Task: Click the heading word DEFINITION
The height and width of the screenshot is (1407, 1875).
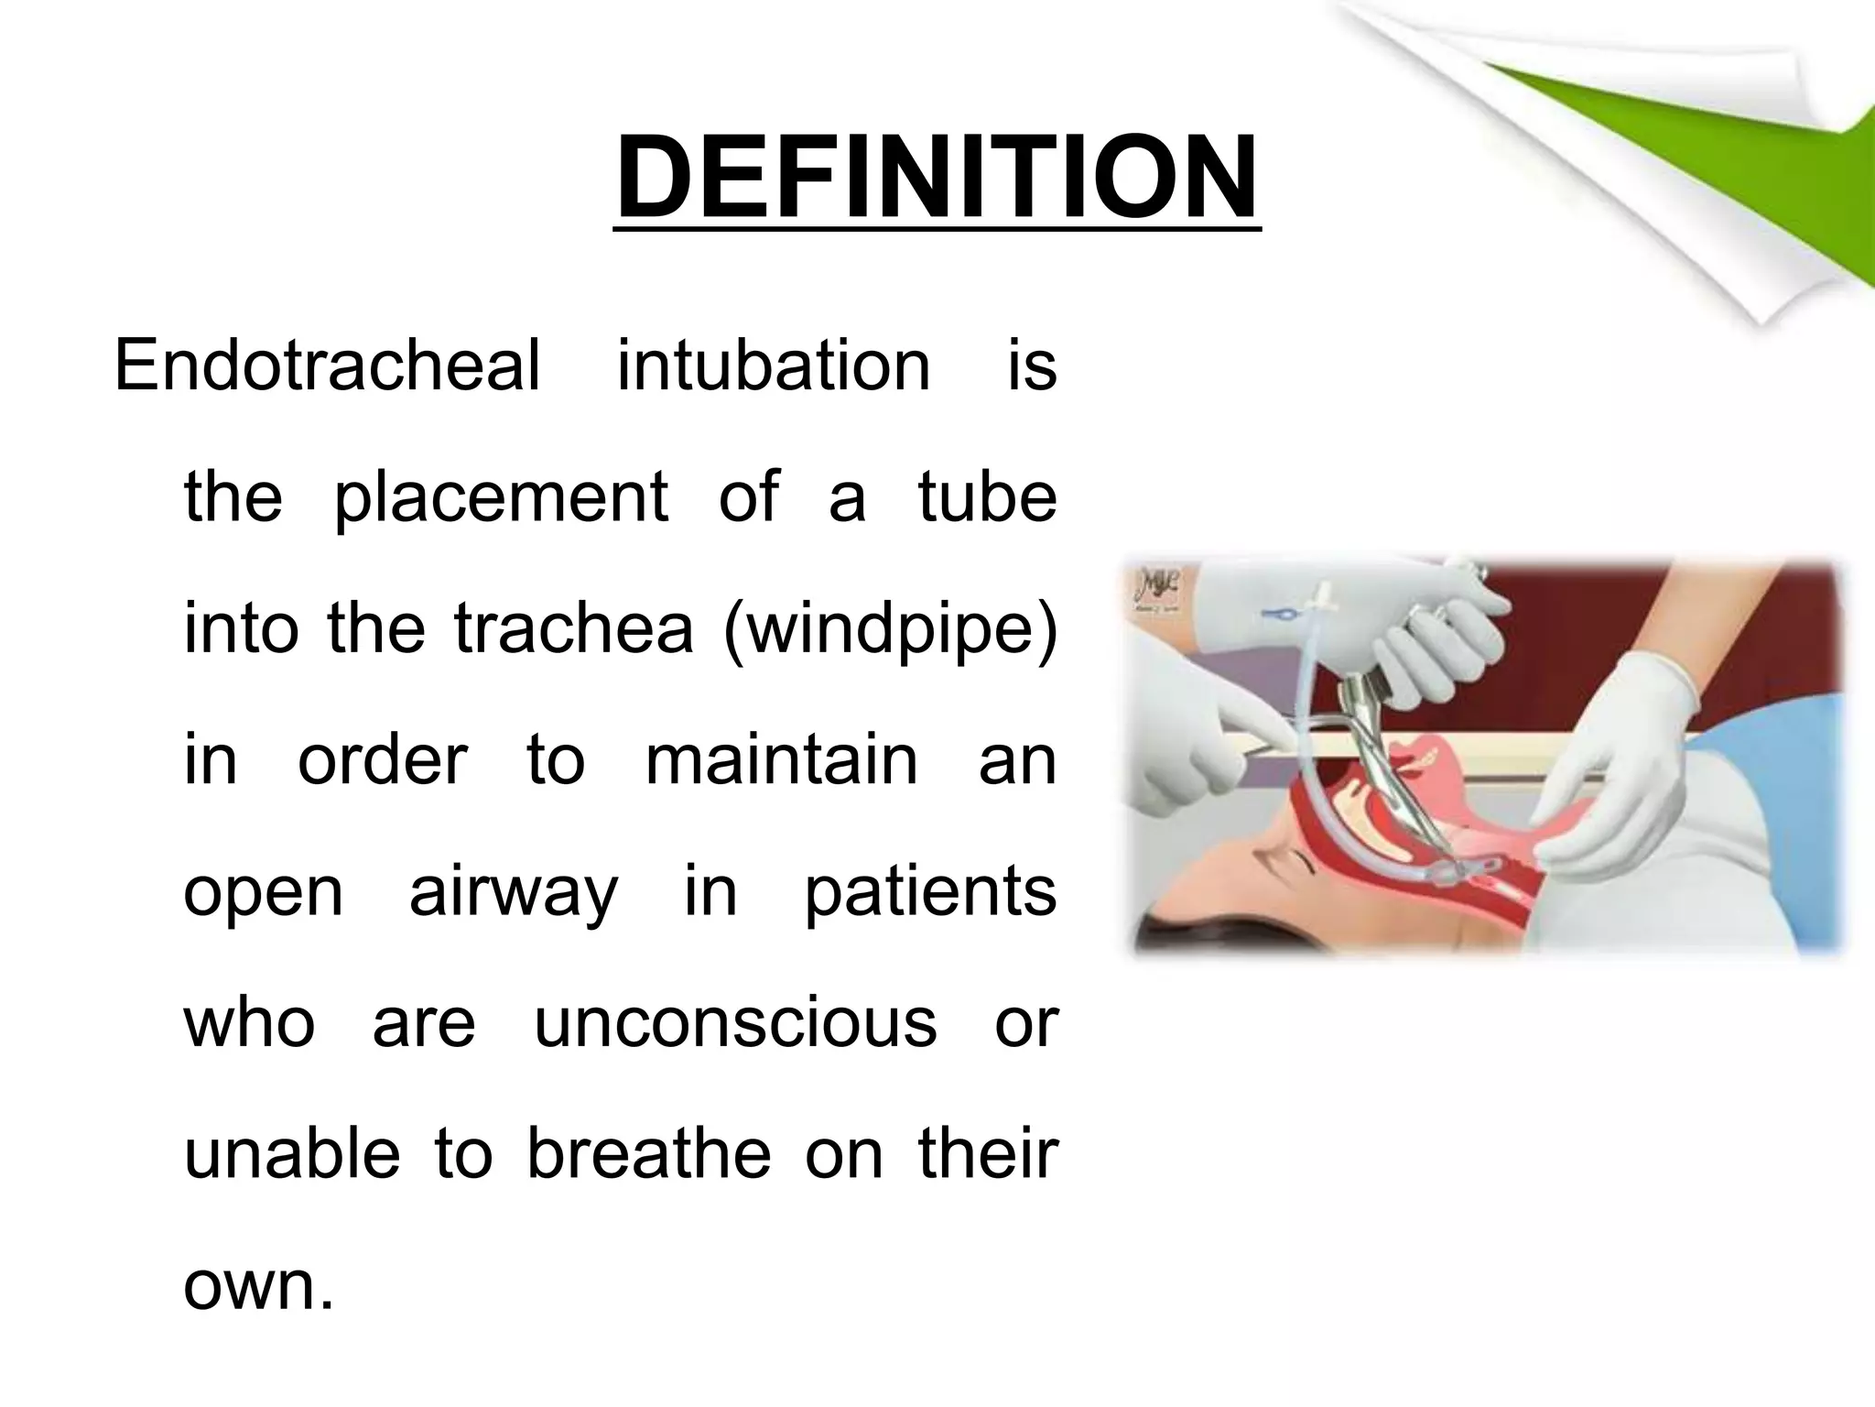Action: [937, 179]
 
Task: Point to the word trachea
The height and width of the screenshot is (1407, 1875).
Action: [573, 630]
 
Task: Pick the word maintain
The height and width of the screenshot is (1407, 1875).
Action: [781, 760]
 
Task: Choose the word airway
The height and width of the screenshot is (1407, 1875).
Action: [514, 893]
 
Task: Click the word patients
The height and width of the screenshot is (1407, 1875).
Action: [930, 893]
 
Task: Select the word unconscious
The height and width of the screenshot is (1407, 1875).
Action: [735, 1023]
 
